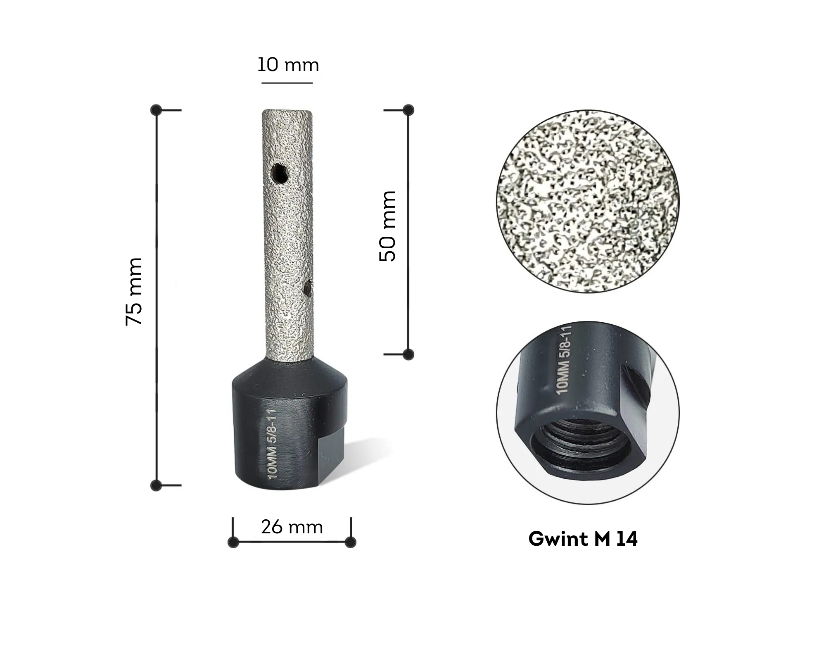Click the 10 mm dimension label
288,65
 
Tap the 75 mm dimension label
134,292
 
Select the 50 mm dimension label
387,226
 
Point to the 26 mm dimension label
292,527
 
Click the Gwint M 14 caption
583,539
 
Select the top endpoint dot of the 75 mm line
156,110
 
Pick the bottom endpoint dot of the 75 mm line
156,485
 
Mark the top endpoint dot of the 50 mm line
408,110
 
